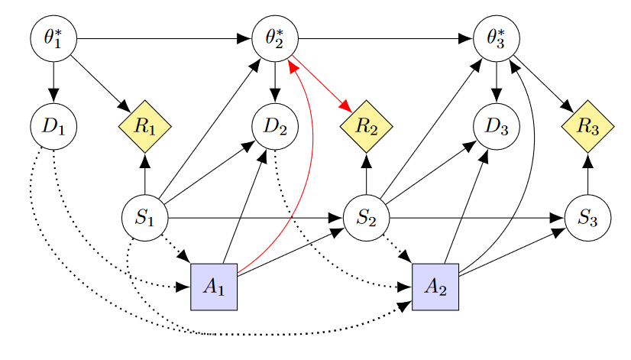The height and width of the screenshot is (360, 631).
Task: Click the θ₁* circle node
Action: [53, 37]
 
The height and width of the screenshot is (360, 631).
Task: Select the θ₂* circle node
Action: [275, 37]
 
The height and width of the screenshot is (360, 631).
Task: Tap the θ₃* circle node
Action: [497, 37]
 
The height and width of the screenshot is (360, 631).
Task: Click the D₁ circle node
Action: [53, 125]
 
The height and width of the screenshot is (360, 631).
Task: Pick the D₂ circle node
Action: [275, 125]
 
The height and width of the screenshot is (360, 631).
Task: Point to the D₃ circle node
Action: [497, 125]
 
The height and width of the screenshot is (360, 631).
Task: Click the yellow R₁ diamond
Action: [144, 126]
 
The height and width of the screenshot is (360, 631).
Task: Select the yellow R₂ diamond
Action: [367, 126]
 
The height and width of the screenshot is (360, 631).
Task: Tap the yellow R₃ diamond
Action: [587, 126]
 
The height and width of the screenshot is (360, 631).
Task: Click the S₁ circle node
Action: [144, 218]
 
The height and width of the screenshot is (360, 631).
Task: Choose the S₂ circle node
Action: [367, 218]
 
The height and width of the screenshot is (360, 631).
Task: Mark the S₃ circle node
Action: [587, 218]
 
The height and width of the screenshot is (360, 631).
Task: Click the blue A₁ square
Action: [214, 287]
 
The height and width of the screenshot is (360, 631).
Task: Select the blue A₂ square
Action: [435, 287]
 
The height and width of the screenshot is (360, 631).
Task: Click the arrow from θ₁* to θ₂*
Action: [163, 37]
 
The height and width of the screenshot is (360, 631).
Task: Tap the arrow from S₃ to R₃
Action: [587, 175]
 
